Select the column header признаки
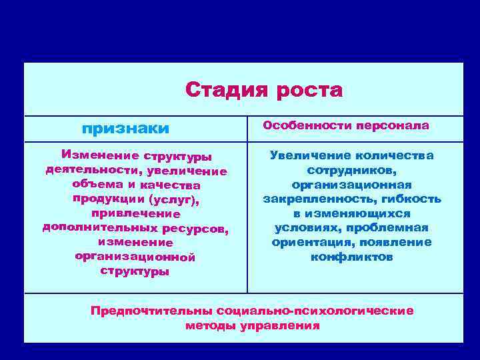[125, 127]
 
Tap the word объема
[95, 185]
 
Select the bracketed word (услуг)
[175, 199]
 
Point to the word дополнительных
[93, 228]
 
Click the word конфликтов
[352, 257]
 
